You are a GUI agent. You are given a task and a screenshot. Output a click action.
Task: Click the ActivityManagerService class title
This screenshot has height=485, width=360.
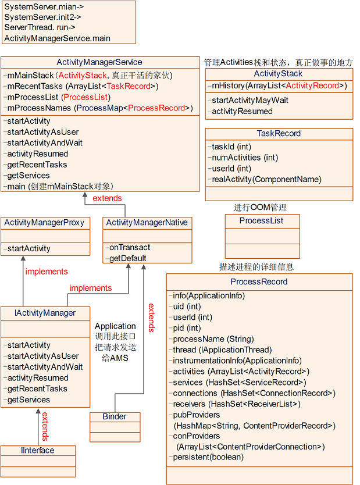[99, 62]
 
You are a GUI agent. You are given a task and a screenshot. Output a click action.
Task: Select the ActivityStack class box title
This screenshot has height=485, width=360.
[278, 74]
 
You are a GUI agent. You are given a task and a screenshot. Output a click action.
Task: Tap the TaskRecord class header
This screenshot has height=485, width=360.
[279, 133]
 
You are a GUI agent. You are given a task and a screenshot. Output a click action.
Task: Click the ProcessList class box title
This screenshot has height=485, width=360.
[261, 220]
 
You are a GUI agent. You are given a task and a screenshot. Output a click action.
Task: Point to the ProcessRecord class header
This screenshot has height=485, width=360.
[259, 281]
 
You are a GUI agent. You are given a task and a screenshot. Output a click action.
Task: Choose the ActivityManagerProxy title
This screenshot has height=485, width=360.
[44, 222]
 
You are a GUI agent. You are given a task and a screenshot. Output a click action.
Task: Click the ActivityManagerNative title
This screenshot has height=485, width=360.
[147, 222]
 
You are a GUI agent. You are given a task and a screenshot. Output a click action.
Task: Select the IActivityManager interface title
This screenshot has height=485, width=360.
[45, 313]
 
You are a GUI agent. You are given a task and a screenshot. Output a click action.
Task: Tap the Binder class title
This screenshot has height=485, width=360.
[115, 416]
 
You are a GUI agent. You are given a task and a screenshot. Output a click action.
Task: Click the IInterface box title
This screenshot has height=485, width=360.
[38, 450]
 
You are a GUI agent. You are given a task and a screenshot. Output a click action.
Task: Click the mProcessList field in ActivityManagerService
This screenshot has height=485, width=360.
[57, 97]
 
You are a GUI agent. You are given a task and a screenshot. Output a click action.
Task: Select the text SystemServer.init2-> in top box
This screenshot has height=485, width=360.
[42, 17]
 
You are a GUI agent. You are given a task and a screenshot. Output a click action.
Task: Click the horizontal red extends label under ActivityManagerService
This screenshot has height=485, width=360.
[108, 198]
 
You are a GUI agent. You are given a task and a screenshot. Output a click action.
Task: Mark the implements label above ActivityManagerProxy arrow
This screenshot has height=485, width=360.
[47, 272]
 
